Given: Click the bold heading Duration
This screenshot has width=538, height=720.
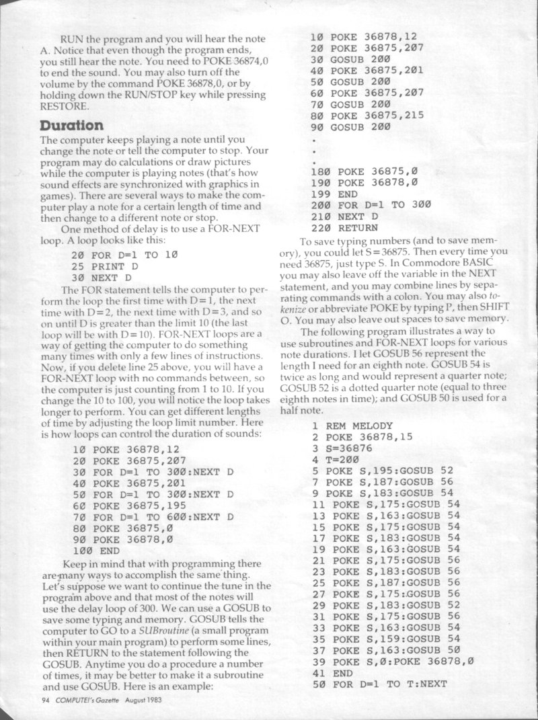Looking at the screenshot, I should pos(71,126).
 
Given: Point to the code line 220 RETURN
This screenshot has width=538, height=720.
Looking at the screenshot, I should pos(350,229).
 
